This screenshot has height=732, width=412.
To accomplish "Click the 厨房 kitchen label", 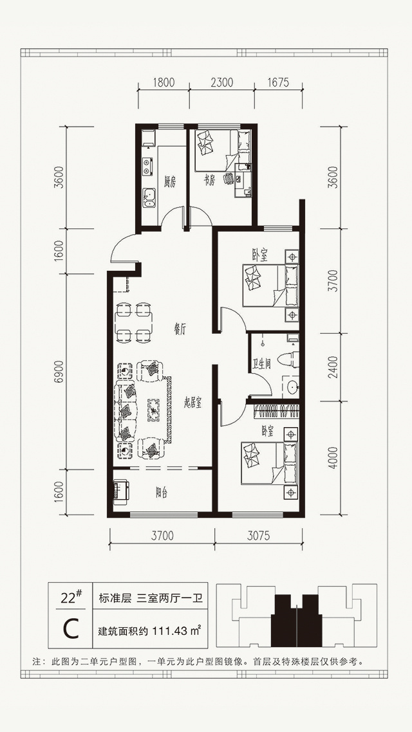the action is (170, 183).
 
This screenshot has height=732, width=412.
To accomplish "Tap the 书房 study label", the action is (209, 182).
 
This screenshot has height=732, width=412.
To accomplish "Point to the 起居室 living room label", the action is (193, 405).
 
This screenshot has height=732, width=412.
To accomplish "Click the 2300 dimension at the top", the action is (222, 83).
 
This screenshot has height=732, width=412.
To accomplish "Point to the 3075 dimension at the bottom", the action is (258, 536).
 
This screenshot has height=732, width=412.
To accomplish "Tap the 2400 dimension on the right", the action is (332, 367).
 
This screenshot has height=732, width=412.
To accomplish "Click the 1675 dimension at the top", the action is (278, 83).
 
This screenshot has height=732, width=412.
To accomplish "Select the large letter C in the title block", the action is (71, 630).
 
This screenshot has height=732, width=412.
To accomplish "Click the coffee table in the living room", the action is (154, 410).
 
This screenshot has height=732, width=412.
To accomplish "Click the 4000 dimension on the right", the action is (332, 458).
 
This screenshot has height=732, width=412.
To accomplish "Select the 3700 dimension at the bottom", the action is (162, 536).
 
